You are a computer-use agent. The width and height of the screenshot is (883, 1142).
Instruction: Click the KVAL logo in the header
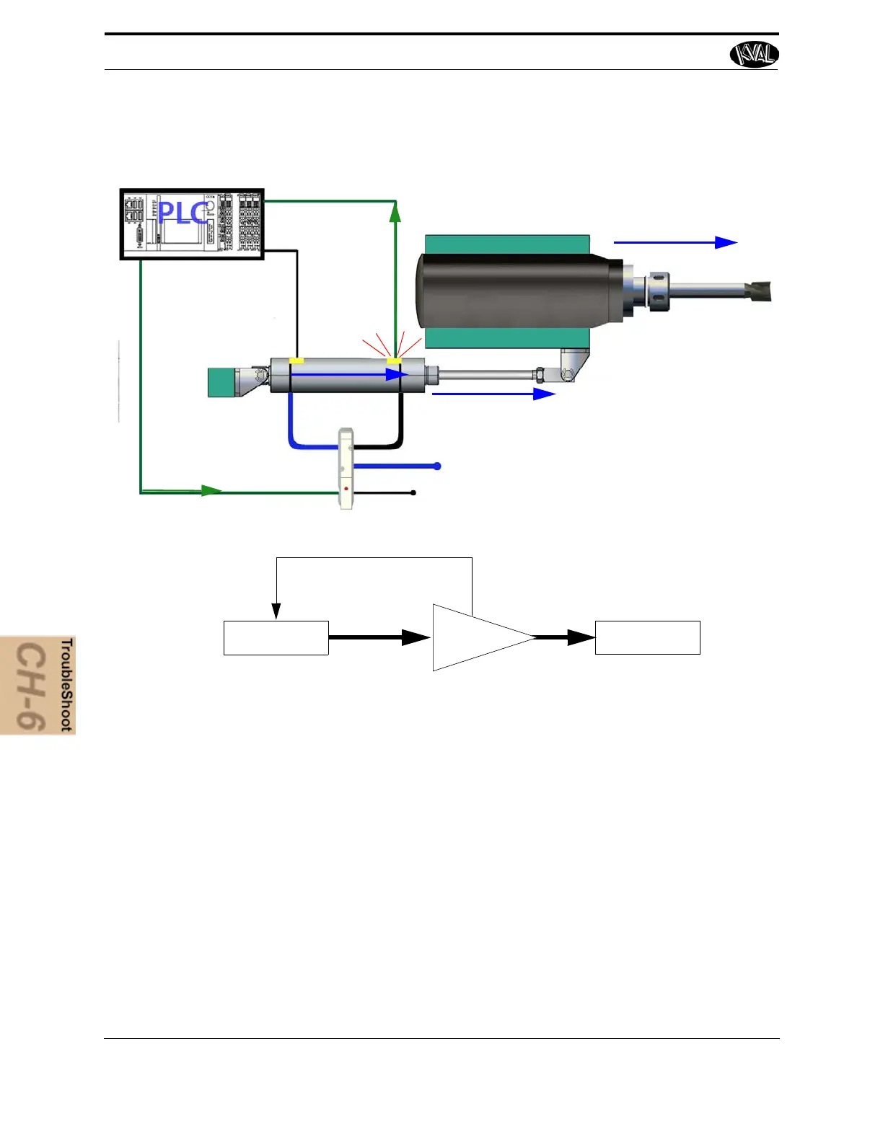coord(754,54)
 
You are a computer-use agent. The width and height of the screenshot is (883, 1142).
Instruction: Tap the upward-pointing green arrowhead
coord(395,211)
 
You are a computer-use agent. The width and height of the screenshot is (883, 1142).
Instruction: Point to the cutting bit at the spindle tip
coord(759,291)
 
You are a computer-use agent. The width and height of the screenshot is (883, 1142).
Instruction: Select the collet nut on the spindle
coord(659,291)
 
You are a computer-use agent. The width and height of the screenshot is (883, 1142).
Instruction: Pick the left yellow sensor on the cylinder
coord(296,360)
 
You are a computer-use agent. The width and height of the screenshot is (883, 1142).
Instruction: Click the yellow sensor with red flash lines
coord(394,360)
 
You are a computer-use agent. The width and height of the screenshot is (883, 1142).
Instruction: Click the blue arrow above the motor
coord(675,243)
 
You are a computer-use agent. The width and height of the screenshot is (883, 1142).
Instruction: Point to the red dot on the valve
coord(346,489)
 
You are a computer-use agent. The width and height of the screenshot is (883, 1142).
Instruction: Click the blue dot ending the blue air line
coord(437,466)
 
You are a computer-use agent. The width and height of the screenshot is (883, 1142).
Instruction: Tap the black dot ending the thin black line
coord(413,493)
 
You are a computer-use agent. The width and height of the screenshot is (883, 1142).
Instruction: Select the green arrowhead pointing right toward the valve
coord(211,491)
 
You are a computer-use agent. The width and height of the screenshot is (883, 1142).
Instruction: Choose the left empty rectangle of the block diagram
coord(276,638)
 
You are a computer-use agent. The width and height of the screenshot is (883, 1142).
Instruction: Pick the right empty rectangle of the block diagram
coord(647,638)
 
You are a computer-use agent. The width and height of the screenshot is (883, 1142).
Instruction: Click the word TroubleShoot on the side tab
coord(66,684)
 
